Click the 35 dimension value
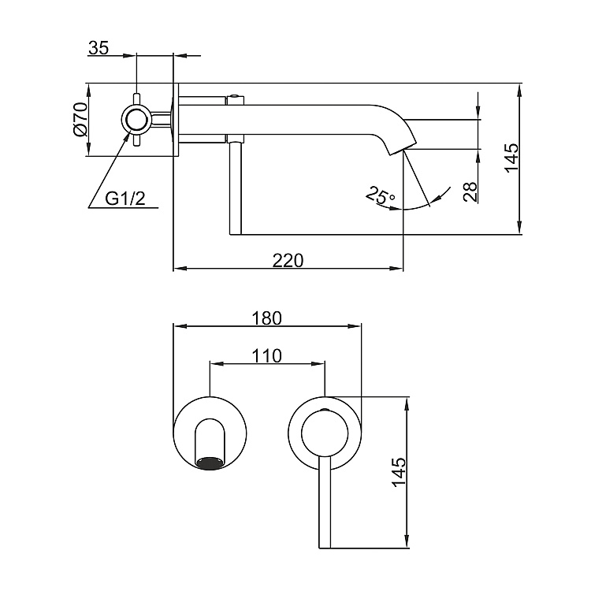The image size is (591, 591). click(x=98, y=47)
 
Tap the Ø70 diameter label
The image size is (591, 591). click(x=79, y=120)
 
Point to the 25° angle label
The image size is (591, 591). click(x=381, y=195)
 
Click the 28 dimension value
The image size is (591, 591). click(x=471, y=191)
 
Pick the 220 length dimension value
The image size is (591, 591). click(x=288, y=259)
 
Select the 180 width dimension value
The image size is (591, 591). click(x=266, y=318)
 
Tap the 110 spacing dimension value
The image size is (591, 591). click(x=266, y=356)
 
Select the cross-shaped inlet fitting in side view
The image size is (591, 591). click(x=136, y=120)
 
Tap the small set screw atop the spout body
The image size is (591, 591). click(x=234, y=98)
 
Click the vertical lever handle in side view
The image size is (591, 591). click(x=233, y=188)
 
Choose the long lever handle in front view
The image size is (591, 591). click(x=324, y=504)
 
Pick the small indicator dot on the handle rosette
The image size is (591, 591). click(x=324, y=412)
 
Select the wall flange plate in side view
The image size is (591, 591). click(x=178, y=120)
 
